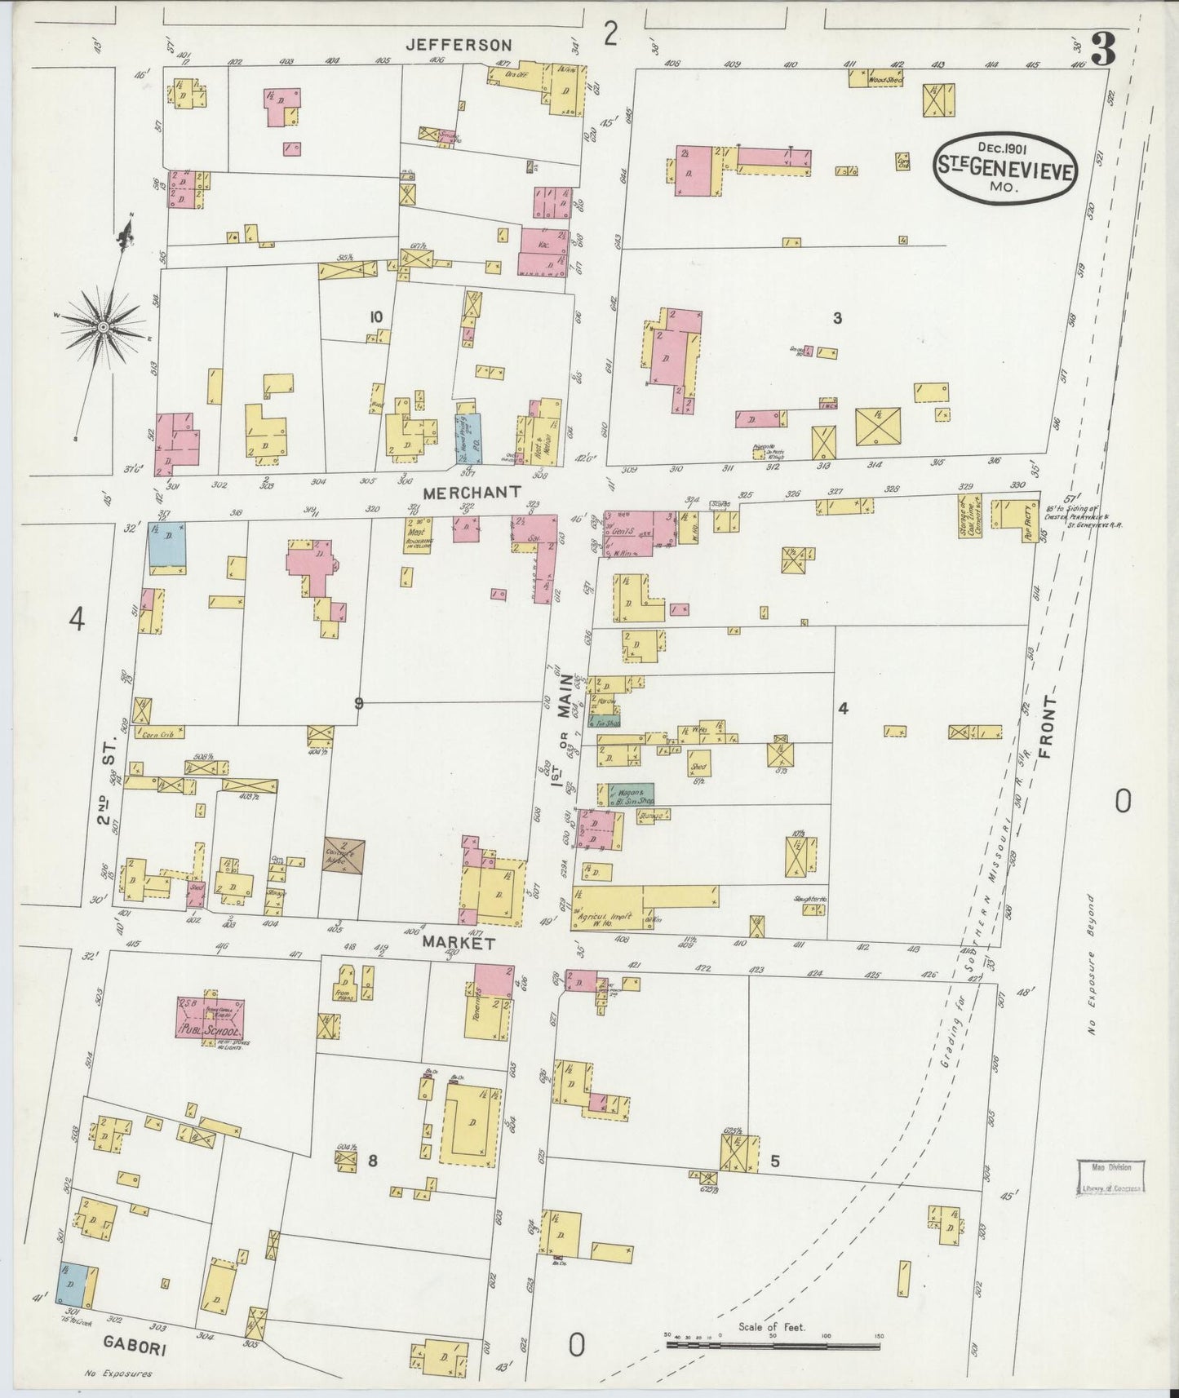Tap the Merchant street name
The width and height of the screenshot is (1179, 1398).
pos(472,492)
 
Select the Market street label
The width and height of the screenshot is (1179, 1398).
pos(459,942)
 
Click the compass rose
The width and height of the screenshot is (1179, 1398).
pos(104,326)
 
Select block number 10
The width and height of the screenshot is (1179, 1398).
pos(375,317)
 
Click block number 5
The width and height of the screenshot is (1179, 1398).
pos(775,1162)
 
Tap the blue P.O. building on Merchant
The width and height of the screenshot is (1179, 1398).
pos(468,439)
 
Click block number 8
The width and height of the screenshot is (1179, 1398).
pos(372,1161)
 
